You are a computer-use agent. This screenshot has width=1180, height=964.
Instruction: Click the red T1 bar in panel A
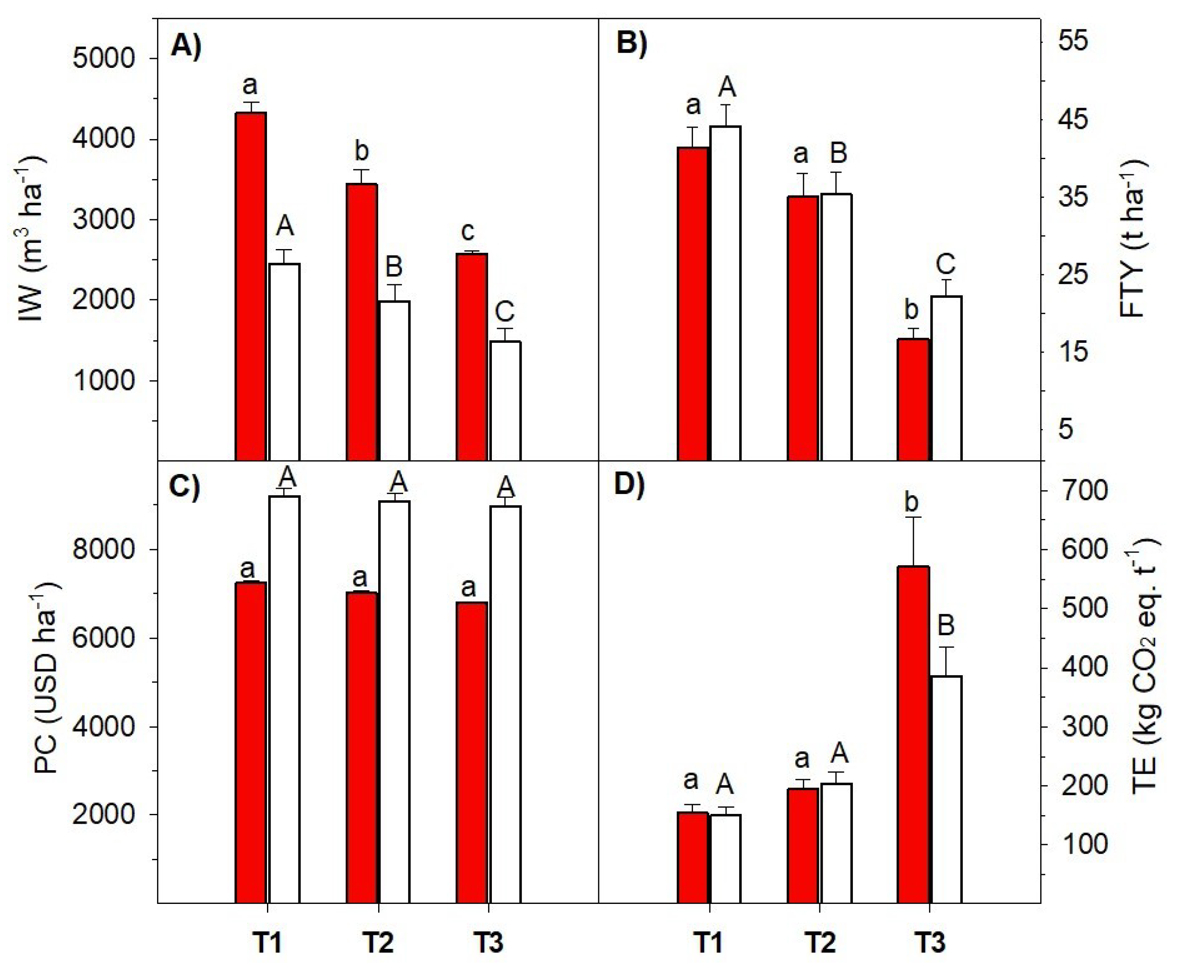coord(251,286)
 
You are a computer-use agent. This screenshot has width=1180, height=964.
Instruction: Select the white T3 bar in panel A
coord(505,400)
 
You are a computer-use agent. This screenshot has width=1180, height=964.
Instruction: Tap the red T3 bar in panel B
coord(913,399)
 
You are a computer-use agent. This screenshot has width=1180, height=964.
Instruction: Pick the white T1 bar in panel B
coord(725,293)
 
